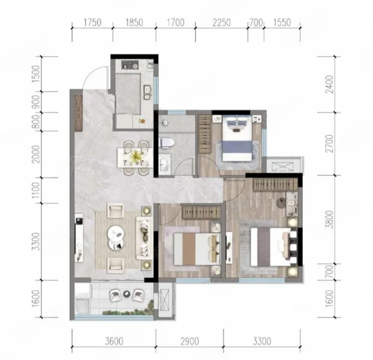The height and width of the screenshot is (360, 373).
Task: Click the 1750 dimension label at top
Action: tap(92, 23)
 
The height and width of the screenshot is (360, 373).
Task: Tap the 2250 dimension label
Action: tap(221, 23)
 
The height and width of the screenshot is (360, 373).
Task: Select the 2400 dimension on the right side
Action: tap(329, 84)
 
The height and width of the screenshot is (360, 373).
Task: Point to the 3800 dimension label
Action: tap(329, 219)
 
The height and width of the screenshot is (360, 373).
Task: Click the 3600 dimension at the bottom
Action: tap(114, 341)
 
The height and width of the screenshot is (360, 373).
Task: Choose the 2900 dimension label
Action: tap(189, 341)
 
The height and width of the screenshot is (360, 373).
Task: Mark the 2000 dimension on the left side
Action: tap(36, 154)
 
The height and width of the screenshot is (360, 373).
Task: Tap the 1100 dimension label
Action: tap(36, 190)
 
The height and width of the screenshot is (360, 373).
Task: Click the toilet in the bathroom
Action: tap(167, 143)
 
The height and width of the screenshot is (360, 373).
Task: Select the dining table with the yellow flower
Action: tap(135, 158)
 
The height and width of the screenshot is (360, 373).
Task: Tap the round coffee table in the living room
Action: tap(116, 238)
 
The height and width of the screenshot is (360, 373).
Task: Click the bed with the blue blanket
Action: tap(237, 138)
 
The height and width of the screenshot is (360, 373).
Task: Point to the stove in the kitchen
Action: tap(130, 64)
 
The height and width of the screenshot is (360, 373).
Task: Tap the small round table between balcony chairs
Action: tap(127, 294)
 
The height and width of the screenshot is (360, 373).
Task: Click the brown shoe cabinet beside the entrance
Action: tap(79, 113)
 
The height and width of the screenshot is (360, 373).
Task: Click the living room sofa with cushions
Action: tap(144, 238)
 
